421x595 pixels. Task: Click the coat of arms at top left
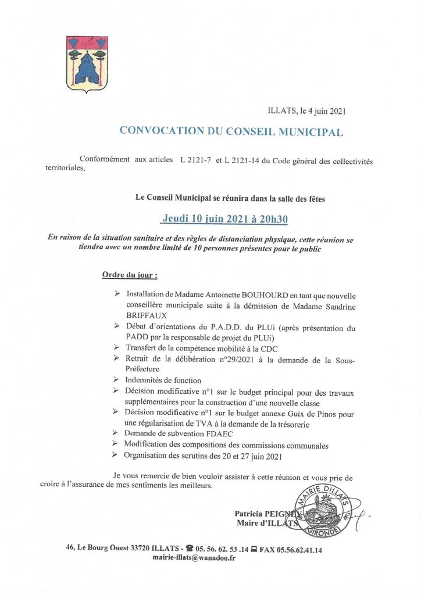[x=87, y=64]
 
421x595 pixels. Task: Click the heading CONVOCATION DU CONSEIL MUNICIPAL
[x=231, y=131]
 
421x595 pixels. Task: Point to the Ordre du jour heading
[x=130, y=274]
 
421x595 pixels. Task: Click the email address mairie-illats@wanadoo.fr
[x=194, y=558]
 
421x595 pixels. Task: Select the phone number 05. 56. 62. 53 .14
[x=222, y=549]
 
